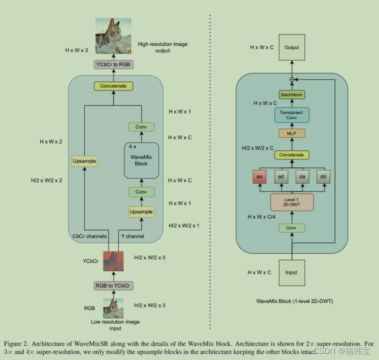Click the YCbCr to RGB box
click(113, 64)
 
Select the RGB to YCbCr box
click(113, 285)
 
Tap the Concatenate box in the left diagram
click(113, 86)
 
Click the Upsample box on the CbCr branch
click(85, 162)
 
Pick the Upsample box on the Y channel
click(141, 212)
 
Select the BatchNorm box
click(291, 94)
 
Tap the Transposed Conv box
click(291, 115)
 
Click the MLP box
click(291, 134)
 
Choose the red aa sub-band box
click(260, 177)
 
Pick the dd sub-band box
click(323, 177)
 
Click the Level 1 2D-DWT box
click(291, 202)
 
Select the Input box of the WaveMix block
click(291, 273)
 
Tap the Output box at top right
click(291, 48)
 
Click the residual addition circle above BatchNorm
click(292, 80)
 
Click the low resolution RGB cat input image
click(113, 309)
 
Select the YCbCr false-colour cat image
click(113, 261)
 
